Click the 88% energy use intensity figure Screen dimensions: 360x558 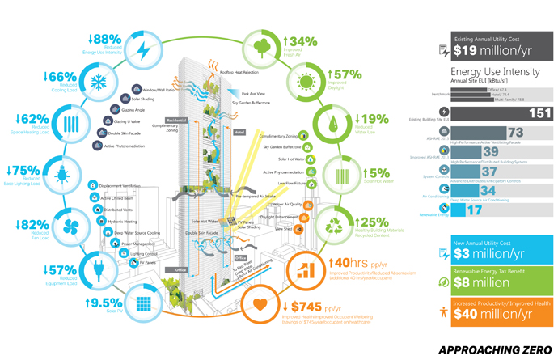click(x=105, y=38)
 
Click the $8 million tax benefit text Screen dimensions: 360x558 click(x=480, y=282)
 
